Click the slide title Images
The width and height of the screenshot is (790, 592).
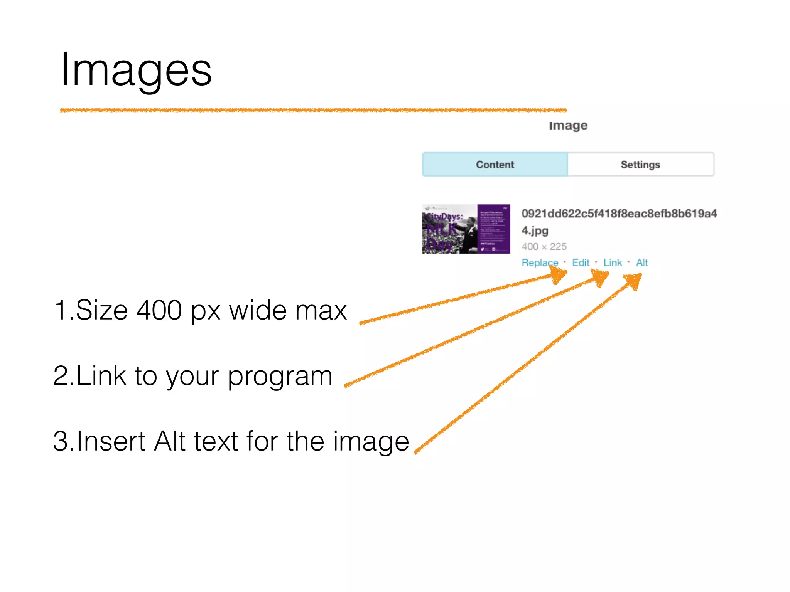(136, 70)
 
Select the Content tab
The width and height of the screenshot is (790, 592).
(495, 165)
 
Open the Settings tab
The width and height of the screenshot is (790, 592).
(640, 165)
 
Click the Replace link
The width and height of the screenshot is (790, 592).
(540, 262)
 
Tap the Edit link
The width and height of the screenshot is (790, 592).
(581, 262)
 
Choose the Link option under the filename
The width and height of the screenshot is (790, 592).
(613, 262)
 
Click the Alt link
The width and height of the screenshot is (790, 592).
(642, 262)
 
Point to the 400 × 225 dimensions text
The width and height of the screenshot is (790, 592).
(544, 246)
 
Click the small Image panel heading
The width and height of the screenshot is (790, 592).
(568, 125)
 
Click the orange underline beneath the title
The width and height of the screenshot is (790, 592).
(313, 110)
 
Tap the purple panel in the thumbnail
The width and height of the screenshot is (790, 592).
(494, 229)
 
